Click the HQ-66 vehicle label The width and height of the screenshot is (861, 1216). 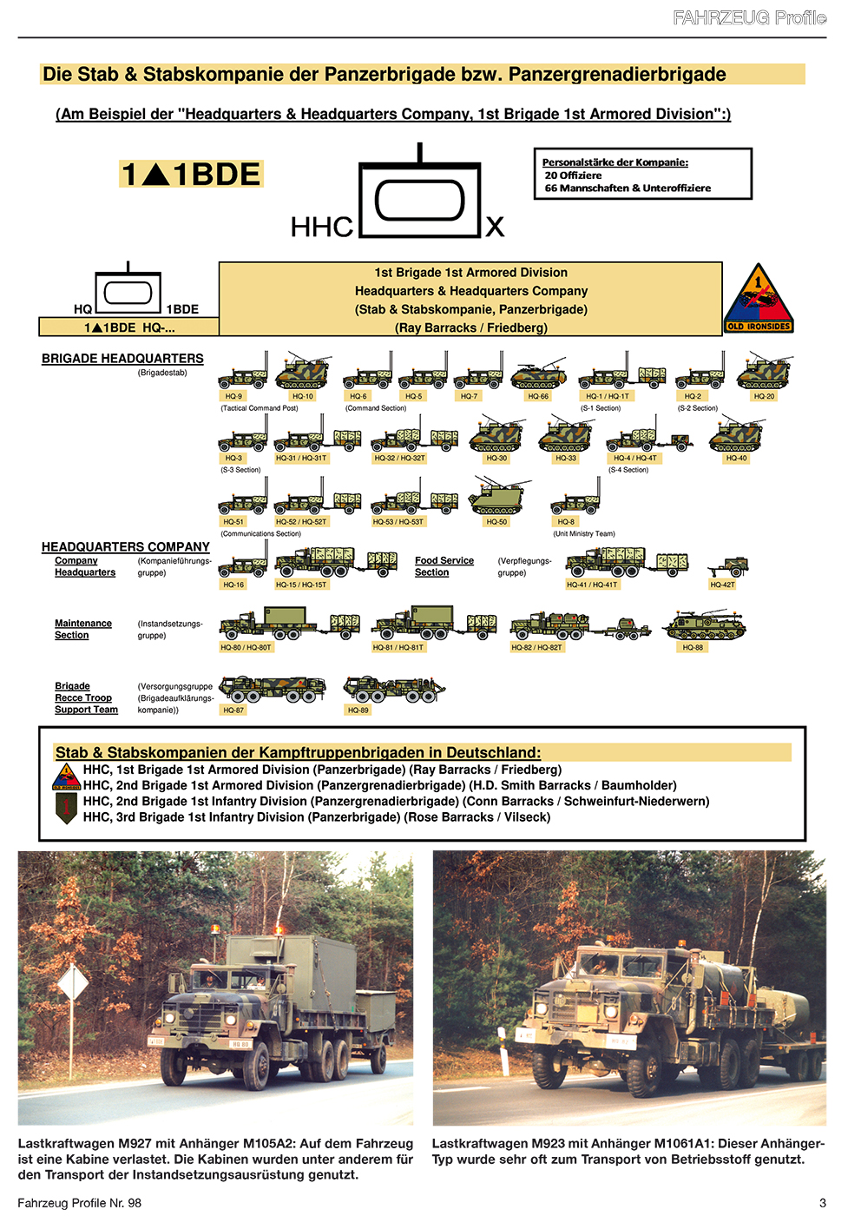click(538, 396)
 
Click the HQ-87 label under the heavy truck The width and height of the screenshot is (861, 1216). click(233, 710)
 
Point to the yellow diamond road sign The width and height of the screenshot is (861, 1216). click(73, 984)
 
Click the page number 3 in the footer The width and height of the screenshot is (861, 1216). click(822, 1203)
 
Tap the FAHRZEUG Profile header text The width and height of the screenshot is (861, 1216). click(749, 17)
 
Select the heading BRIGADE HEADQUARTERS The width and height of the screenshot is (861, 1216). click(122, 359)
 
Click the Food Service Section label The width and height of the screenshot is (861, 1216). click(444, 566)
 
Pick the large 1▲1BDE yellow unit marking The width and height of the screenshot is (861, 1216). click(191, 175)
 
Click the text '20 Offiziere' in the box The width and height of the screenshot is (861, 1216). click(573, 175)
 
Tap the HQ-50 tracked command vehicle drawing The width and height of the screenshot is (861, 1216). click(497, 496)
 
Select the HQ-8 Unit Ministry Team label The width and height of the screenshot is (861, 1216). click(566, 522)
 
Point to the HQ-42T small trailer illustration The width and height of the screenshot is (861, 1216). click(727, 567)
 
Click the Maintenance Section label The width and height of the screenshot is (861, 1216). click(82, 629)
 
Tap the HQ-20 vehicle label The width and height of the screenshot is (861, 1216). click(764, 396)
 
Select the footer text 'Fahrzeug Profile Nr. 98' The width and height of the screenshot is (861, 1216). click(79, 1203)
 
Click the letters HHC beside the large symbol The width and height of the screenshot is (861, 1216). click(321, 228)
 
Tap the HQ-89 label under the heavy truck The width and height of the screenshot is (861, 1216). click(358, 710)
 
